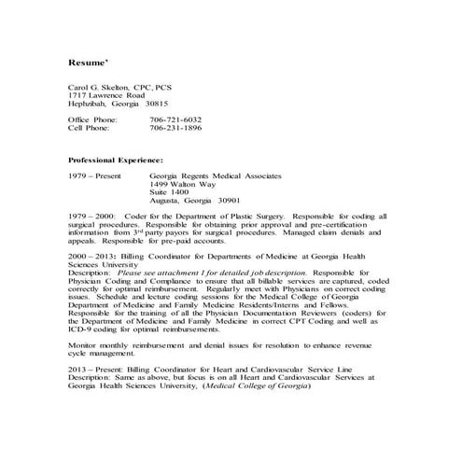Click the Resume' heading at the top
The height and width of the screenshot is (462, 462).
89,63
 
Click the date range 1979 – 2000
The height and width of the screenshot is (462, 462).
91,216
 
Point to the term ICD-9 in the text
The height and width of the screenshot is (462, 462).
79,329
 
